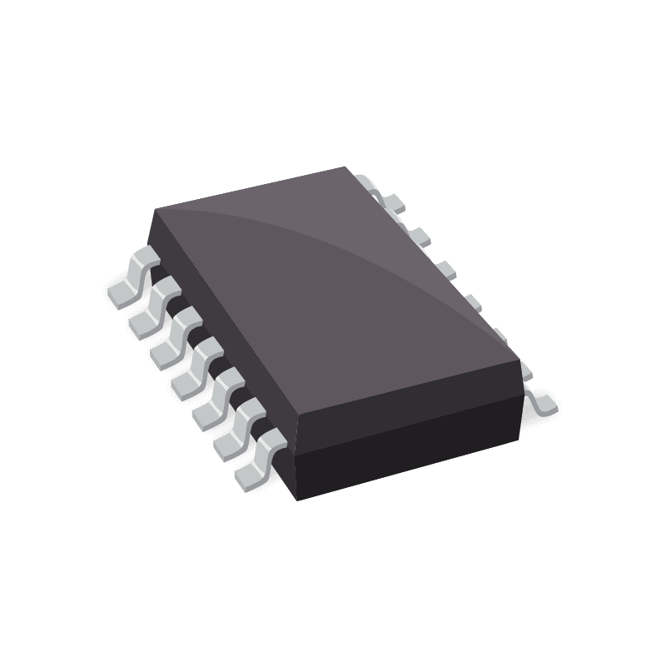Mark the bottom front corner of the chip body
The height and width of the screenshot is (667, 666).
coord(298,500)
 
